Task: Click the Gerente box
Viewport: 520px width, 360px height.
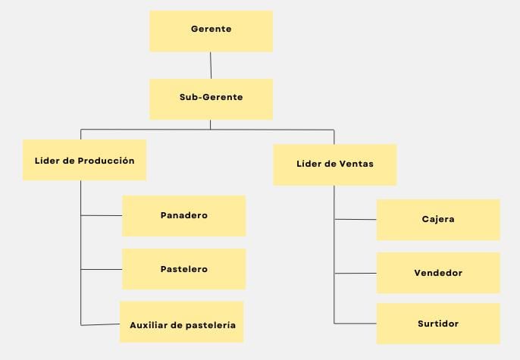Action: [211, 31]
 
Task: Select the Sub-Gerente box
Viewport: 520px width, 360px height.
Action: [211, 99]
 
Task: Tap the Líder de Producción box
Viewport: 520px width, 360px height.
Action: [85, 160]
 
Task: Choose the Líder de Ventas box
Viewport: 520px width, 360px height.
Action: [335, 164]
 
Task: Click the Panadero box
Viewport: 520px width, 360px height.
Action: [184, 216]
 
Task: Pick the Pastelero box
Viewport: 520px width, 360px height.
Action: [184, 269]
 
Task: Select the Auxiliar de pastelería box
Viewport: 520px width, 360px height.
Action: [182, 322]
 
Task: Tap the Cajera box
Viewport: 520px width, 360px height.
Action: [438, 220]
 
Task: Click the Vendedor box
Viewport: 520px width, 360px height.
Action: [438, 273]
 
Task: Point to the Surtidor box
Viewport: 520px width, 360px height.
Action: [438, 324]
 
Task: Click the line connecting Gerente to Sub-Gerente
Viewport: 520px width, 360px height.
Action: [211, 65]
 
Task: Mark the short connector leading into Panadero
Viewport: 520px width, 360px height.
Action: [102, 215]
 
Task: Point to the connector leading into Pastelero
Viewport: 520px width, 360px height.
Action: [102, 269]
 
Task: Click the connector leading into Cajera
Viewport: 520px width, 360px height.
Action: [356, 220]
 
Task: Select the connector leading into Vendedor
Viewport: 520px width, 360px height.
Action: [356, 273]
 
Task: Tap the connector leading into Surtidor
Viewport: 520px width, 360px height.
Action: [356, 323]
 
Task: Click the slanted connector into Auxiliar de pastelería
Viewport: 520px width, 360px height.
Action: [100, 324]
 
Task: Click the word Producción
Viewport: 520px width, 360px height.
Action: [106, 161]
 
